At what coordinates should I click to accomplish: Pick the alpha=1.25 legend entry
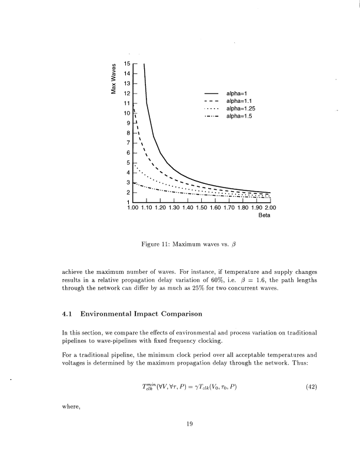pos(240,109)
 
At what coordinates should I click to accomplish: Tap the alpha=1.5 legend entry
pos(239,116)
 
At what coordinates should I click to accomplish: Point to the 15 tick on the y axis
pos(126,63)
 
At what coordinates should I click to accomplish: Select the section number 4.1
pos(68,313)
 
